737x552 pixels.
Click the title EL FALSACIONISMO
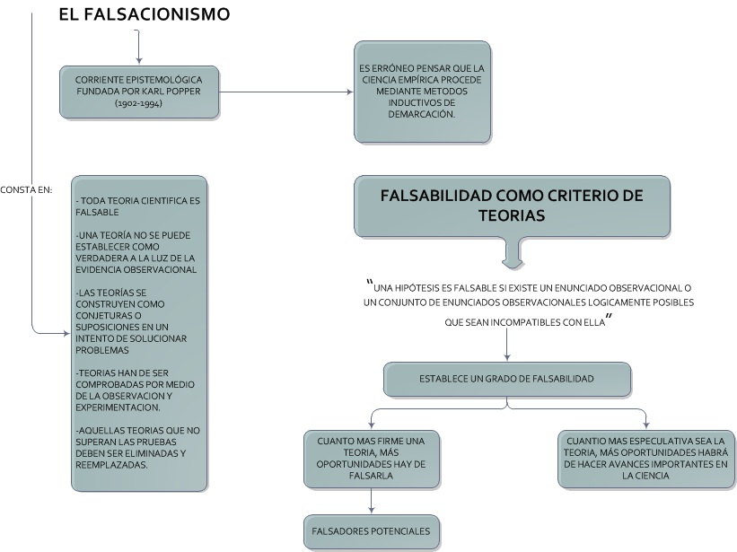144,14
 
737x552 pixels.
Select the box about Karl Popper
139,91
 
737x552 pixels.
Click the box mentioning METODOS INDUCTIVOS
422,91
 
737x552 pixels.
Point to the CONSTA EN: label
27,189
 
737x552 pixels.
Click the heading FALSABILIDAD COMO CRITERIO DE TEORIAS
512,206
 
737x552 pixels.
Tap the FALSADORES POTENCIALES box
372,531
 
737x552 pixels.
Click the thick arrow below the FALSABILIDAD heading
512,252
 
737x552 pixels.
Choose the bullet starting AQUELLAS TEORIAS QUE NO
139,447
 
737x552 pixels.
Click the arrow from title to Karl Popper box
137,44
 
